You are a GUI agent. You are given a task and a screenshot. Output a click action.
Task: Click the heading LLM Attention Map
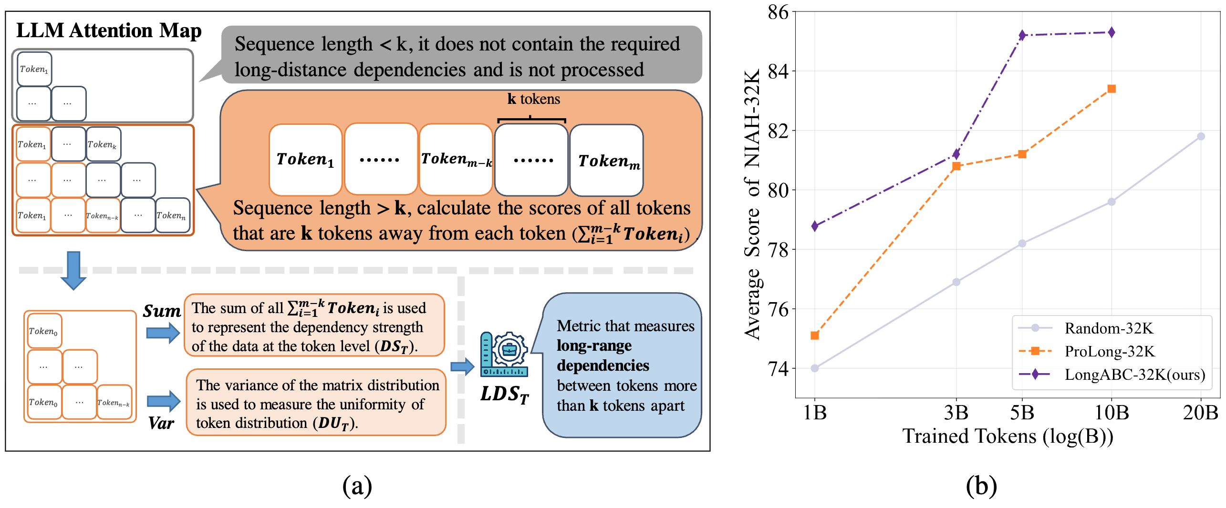[109, 30]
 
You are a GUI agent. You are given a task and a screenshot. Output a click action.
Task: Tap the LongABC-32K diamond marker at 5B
[1022, 35]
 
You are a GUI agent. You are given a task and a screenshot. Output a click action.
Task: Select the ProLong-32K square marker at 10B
[1112, 89]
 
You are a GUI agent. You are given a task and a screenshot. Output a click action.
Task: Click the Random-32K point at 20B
[1201, 136]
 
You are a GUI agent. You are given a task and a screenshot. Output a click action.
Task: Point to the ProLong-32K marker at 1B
[815, 335]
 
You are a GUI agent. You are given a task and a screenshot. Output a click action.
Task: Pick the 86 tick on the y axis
[778, 12]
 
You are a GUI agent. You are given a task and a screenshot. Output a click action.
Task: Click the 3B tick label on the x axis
[956, 412]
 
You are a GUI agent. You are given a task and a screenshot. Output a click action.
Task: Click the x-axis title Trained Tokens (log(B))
[1008, 436]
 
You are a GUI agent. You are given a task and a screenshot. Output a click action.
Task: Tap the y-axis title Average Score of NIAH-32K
[753, 205]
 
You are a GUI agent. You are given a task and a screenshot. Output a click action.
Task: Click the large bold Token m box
[607, 160]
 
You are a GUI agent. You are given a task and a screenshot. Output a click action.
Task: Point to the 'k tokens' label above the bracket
[533, 99]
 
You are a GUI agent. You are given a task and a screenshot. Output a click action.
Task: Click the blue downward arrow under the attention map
[74, 270]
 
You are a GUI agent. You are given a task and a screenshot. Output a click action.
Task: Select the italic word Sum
[162, 311]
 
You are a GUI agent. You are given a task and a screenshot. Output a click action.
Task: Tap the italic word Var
[161, 423]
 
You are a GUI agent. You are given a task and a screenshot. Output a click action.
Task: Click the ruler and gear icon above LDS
[504, 354]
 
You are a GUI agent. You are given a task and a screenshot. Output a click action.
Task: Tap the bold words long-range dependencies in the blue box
[603, 355]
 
